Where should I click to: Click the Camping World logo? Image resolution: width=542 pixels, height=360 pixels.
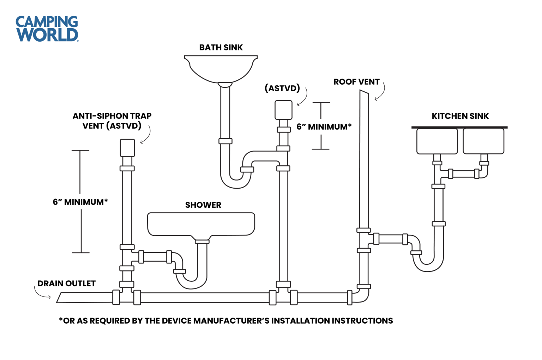coord(47,29)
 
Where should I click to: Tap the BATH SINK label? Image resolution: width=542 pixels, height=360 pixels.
coord(221,48)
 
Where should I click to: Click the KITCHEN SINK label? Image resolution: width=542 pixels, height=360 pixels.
coord(460,116)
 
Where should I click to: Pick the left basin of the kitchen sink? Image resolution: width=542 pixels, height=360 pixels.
coord(437,141)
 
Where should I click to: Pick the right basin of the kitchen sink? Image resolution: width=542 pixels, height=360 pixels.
coord(483,141)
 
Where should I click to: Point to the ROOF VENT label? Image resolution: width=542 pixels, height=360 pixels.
coord(356,82)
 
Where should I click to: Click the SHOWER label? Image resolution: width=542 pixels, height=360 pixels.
coord(203,205)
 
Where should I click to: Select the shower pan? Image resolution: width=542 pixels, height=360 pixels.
coord(201,224)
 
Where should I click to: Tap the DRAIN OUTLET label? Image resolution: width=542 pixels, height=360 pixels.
coord(66,284)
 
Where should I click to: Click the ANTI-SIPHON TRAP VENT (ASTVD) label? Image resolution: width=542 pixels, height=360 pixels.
coord(112,121)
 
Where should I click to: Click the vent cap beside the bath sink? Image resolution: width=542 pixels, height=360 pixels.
coord(283,110)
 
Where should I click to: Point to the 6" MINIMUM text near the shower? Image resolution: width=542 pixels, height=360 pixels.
coord(80,202)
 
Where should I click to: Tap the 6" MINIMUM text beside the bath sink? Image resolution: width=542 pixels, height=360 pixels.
coord(324,127)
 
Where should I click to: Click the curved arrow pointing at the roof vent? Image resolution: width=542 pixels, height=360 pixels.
coord(381,92)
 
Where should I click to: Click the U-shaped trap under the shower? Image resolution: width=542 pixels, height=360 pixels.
coord(191,280)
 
